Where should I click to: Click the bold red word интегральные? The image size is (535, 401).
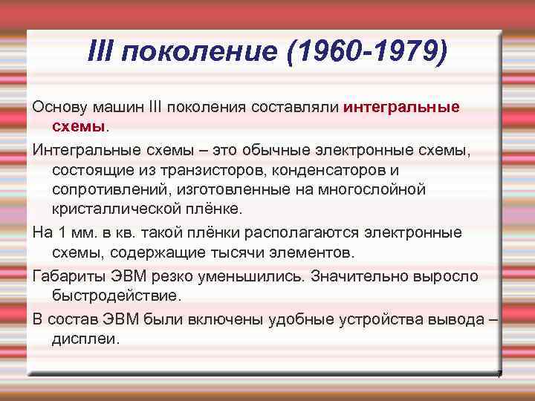[x=402, y=107]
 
